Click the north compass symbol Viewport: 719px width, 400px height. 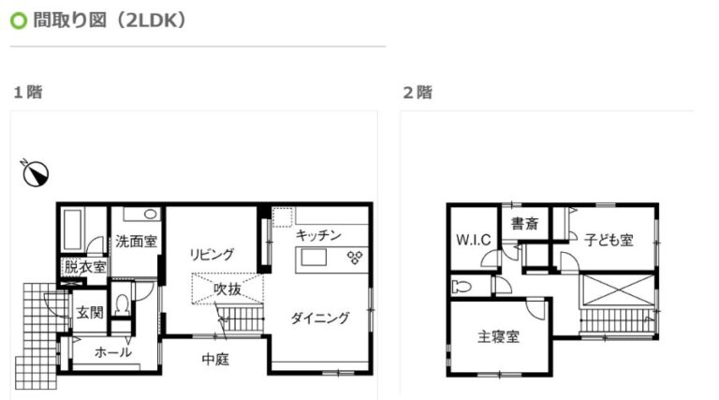36,173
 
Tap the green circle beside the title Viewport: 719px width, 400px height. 19,21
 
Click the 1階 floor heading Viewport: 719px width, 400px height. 28,92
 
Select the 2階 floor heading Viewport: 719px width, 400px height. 418,92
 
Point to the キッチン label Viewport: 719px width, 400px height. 318,235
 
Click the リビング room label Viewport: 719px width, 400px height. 212,255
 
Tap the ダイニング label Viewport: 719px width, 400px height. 320,318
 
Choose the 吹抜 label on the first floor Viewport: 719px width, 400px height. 227,289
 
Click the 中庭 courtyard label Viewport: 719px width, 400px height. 215,359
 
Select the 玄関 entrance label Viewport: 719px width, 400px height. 90,313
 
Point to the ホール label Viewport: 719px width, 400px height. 112,352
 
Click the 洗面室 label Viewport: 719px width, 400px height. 136,242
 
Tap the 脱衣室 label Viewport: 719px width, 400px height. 85,267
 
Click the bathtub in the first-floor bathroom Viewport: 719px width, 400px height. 72,230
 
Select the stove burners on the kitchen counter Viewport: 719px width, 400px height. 355,258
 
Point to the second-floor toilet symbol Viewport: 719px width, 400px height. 462,288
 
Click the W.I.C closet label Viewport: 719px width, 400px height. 474,240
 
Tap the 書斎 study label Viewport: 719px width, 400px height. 524,224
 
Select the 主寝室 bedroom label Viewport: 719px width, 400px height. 498,337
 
